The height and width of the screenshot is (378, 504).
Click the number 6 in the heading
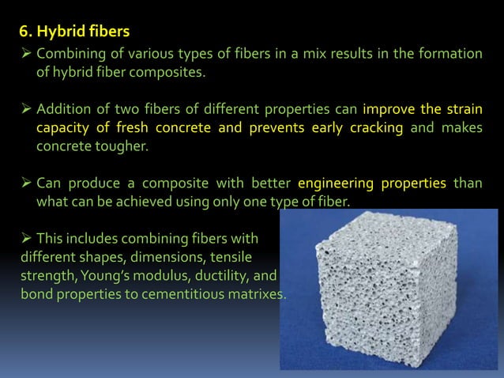pyautogui.click(x=24, y=34)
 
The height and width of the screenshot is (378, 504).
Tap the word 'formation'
pyautogui.click(x=449, y=54)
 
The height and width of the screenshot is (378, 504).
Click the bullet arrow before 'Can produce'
pyautogui.click(x=25, y=183)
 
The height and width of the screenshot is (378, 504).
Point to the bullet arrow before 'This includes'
pyautogui.click(x=25, y=238)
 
